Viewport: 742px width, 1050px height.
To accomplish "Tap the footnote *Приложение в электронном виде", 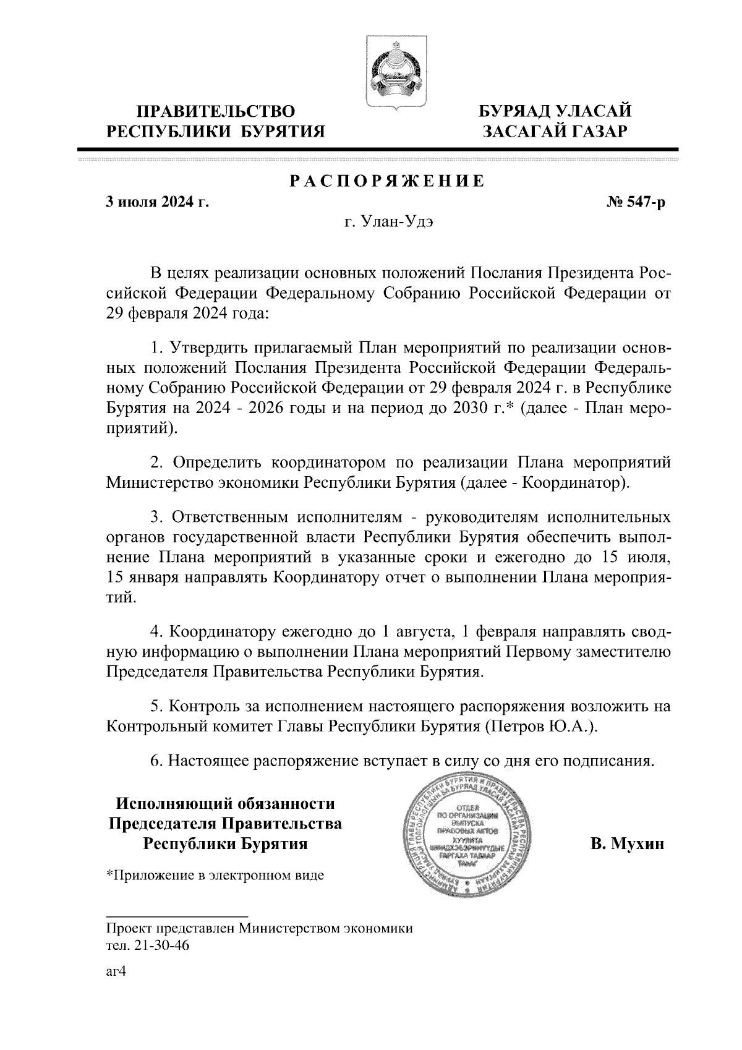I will click(215, 876).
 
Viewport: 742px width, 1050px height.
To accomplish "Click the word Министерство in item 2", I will click(158, 483).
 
